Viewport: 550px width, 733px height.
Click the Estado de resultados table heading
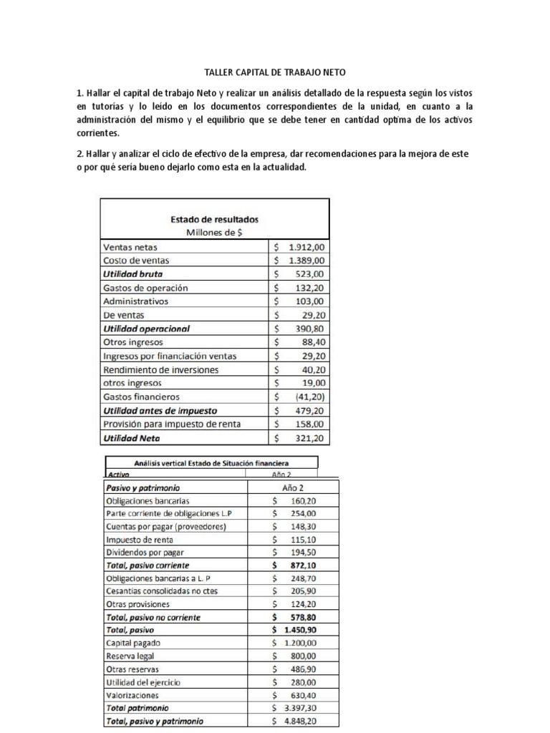coord(214,219)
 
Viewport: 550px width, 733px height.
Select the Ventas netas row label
coord(133,247)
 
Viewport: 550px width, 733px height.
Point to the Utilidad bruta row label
coord(132,274)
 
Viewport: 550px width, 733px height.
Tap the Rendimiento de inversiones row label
coord(161,369)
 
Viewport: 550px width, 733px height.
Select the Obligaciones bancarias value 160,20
coord(301,501)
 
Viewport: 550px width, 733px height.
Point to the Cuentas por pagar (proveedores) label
coord(166,527)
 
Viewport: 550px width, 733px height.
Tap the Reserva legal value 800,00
coord(301,656)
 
